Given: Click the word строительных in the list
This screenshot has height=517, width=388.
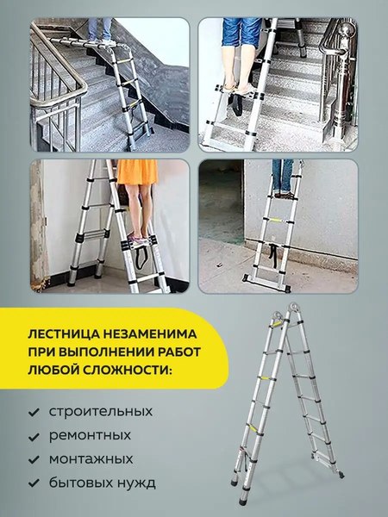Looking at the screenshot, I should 101,411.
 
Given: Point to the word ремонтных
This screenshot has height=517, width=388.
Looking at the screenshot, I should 91,435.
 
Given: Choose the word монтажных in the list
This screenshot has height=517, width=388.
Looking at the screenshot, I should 91,458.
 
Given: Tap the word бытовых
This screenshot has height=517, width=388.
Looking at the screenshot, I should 81,483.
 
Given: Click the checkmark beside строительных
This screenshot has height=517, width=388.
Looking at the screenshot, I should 34,412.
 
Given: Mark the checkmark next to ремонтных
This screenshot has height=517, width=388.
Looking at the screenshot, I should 34,436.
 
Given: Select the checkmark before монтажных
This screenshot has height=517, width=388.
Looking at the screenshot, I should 34,459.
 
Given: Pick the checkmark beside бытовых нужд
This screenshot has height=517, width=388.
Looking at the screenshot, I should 34,483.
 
